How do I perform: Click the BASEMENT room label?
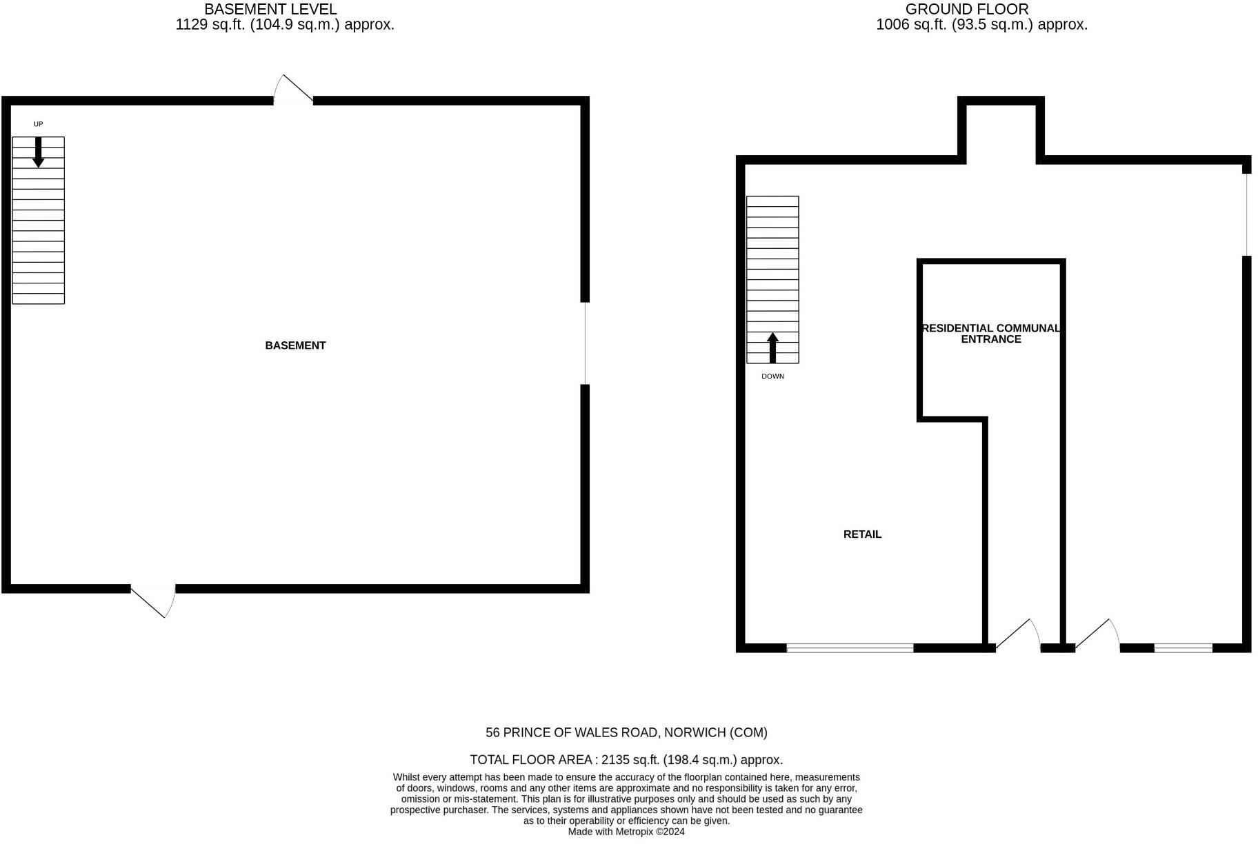[x=295, y=345]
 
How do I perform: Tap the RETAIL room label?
[x=862, y=534]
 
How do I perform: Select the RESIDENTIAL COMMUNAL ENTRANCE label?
[x=991, y=334]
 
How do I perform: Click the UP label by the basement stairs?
[x=39, y=124]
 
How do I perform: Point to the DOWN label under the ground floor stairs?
[x=772, y=376]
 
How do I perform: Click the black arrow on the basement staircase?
[x=39, y=152]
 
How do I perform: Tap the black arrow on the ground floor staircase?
[x=772, y=348]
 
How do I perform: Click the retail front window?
[x=850, y=648]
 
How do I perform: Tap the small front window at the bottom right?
[x=1183, y=648]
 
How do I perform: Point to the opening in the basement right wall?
[x=585, y=343]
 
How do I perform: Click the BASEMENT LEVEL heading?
[x=270, y=10]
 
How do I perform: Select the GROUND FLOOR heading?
[x=967, y=10]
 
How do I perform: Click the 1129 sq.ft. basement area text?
[x=285, y=26]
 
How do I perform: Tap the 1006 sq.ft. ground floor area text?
[x=981, y=26]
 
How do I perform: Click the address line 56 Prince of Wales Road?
[x=626, y=732]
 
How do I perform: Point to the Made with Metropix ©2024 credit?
[x=626, y=832]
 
